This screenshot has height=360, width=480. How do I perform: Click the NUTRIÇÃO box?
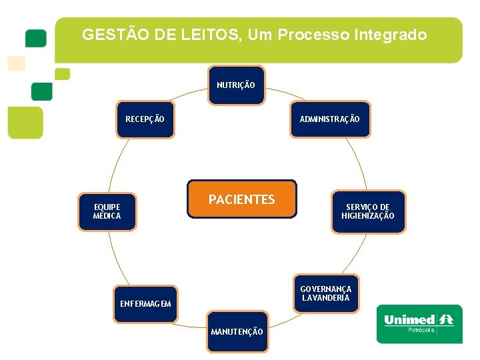(236, 85)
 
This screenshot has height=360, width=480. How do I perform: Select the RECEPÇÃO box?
(145, 119)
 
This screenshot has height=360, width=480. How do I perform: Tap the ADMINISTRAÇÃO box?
(329, 119)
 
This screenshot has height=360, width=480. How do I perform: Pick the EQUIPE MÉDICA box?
(107, 212)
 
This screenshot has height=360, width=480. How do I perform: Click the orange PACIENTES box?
(241, 199)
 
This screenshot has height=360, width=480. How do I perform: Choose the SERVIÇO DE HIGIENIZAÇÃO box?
(368, 212)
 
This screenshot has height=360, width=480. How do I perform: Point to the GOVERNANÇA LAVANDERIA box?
(325, 293)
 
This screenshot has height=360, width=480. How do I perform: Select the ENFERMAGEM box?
(145, 304)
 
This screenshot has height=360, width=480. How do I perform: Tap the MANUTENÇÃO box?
(237, 331)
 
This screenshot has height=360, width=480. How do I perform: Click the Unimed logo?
(419, 324)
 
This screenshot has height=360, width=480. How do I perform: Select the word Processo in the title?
(309, 35)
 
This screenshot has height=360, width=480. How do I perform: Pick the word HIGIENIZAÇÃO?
(368, 216)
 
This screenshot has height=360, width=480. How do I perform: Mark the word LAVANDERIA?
(325, 298)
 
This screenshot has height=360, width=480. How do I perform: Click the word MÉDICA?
(107, 216)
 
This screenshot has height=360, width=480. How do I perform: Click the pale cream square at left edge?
(16, 63)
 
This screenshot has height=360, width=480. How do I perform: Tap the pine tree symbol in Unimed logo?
(445, 320)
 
